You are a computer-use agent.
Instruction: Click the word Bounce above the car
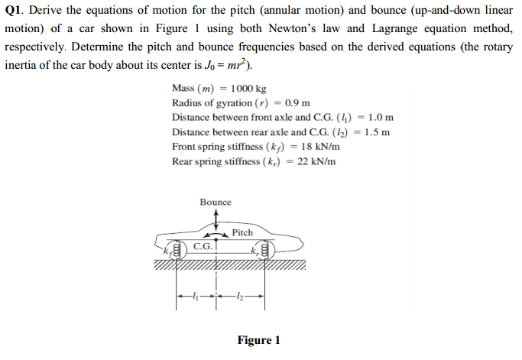[216, 202]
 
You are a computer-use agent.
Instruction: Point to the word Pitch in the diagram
[242, 232]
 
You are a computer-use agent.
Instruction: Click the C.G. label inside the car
[203, 247]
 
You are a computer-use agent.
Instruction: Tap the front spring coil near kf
[177, 251]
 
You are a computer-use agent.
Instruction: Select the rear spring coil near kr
[265, 250]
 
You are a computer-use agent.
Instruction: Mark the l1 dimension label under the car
[197, 295]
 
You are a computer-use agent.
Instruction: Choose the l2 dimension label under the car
[241, 295]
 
